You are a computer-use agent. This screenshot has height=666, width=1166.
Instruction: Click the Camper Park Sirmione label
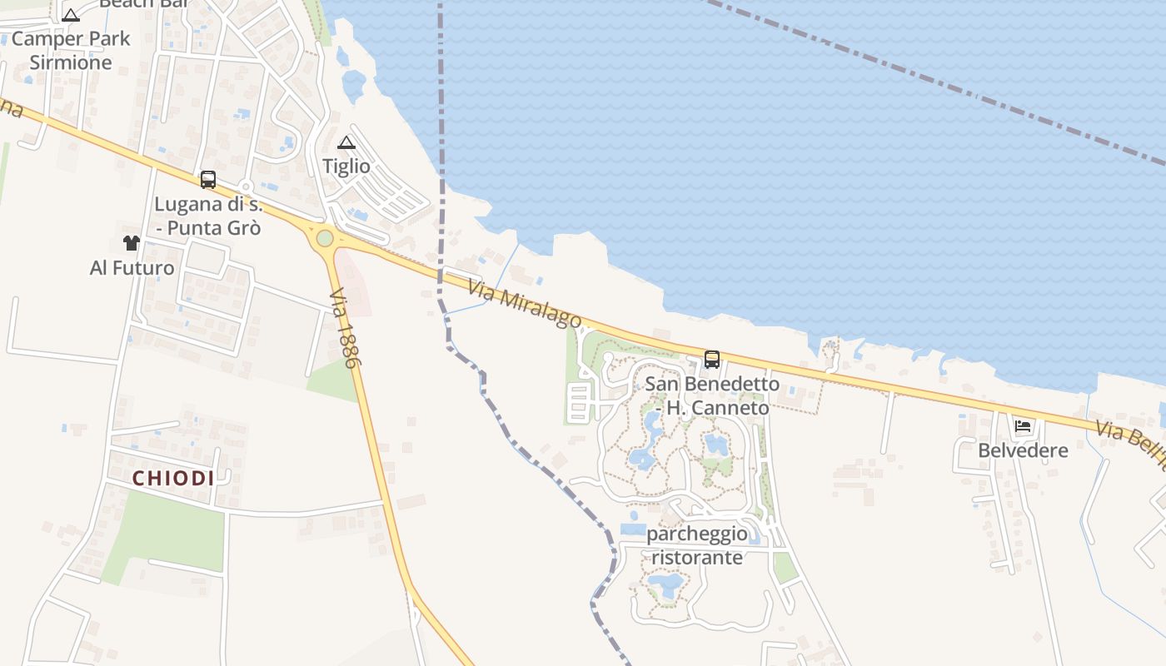(x=71, y=50)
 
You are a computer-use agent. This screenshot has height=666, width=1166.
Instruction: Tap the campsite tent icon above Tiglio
(x=346, y=143)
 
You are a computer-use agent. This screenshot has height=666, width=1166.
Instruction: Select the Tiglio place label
(x=346, y=166)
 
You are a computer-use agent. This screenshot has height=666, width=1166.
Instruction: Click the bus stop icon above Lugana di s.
(x=208, y=180)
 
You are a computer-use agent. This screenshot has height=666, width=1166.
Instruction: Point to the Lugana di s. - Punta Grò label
(x=208, y=216)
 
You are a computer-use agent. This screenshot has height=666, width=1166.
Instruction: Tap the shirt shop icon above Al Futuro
(x=132, y=243)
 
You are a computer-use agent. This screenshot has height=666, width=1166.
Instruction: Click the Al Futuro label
(x=132, y=268)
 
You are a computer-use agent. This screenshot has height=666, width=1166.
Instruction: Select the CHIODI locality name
(x=173, y=479)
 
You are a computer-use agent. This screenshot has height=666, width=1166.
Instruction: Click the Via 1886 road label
(x=343, y=329)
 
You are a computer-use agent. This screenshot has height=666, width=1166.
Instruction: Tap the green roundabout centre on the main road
(x=325, y=239)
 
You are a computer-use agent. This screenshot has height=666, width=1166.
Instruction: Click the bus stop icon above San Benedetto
(x=712, y=360)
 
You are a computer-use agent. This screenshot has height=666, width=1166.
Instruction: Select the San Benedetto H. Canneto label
(x=713, y=396)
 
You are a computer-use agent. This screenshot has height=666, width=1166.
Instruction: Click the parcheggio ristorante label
(x=697, y=545)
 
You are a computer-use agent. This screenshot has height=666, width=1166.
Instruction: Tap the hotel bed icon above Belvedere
(x=1023, y=427)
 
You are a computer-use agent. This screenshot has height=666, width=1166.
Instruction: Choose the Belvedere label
(x=1023, y=451)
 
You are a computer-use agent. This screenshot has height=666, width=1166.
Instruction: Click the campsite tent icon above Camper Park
(x=71, y=14)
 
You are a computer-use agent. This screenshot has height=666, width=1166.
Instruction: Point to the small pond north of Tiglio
(x=354, y=83)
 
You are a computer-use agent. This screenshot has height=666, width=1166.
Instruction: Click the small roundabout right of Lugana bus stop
(x=245, y=186)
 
